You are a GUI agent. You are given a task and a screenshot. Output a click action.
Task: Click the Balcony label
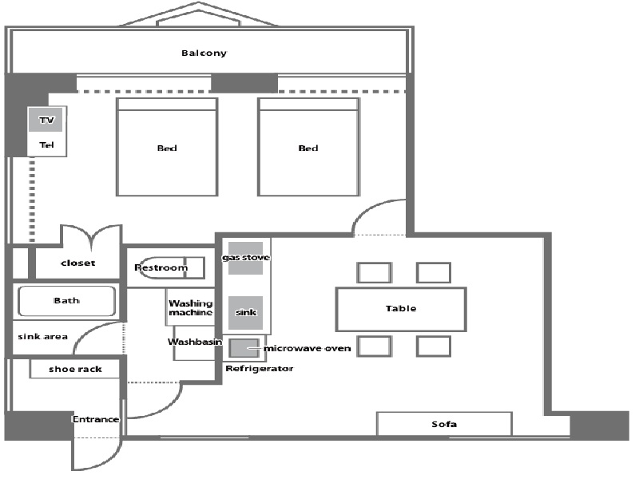coord(204,53)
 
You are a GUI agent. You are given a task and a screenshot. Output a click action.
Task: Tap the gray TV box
coord(46,121)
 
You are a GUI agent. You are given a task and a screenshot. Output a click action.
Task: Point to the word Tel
coord(46,145)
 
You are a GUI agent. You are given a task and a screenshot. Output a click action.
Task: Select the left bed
coord(167,148)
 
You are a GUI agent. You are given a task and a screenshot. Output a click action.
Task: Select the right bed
coord(308,148)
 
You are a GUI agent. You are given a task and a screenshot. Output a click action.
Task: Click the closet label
coord(77,263)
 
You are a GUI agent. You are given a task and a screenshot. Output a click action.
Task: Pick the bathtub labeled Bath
coord(67,301)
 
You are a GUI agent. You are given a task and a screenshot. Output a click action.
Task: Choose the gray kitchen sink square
coord(246,312)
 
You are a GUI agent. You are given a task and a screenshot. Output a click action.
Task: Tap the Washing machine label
coord(190,307)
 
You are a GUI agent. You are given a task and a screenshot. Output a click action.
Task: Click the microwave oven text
coord(308,348)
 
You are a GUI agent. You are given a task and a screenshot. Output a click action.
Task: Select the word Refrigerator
coord(260,369)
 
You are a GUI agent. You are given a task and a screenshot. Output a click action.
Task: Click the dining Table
coord(400,309)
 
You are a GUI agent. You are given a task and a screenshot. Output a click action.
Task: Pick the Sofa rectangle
coord(444,424)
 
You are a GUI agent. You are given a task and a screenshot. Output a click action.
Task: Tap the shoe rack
coord(77,369)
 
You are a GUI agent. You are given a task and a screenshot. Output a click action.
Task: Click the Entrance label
coord(96,419)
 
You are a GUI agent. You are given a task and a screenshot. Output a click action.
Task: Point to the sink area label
coord(42,336)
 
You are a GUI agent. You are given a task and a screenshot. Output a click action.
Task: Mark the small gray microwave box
coord(244,348)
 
